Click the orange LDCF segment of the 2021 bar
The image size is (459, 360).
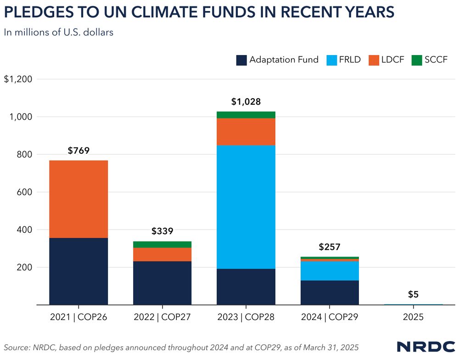[78, 199]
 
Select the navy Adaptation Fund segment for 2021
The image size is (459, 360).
[78, 271]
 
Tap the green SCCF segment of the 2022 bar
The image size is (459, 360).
[162, 244]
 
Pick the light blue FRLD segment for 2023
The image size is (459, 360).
[246, 207]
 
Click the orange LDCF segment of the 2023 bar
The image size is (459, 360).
[246, 132]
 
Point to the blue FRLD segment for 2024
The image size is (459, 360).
[330, 270]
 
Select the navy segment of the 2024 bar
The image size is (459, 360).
[330, 292]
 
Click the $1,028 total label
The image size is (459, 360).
[246, 102]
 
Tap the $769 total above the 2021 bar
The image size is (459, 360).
[78, 151]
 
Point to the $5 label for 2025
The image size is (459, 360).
[413, 294]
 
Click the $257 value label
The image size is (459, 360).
[330, 247]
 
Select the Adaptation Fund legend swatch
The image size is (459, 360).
[242, 60]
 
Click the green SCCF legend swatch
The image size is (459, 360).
[417, 60]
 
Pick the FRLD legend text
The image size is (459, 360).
[350, 60]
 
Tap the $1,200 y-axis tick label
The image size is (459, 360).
[18, 79]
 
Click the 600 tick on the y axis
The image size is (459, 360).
[24, 192]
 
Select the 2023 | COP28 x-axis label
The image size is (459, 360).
[246, 317]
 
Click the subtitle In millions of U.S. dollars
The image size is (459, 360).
[58, 33]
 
